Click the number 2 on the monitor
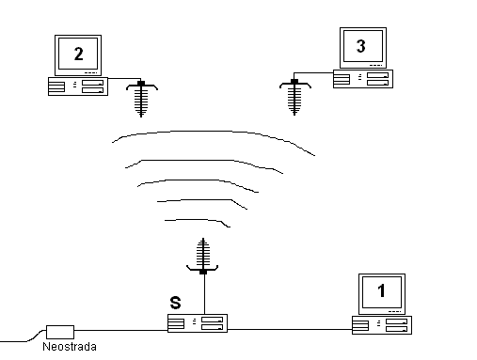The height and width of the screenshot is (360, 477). click(79, 54)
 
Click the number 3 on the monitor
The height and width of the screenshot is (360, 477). click(361, 46)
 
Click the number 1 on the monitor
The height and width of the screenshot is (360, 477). click(381, 290)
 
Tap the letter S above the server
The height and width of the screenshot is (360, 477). click(175, 303)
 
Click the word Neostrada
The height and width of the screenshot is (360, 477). click(70, 347)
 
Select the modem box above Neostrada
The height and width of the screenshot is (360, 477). click(60, 332)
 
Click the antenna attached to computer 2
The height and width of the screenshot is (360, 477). click(141, 99)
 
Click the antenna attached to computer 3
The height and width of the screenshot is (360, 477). click(294, 97)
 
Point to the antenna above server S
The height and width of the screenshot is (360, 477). click(203, 256)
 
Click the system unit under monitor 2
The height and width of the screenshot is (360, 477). click(78, 86)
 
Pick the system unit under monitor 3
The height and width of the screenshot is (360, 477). click(363, 79)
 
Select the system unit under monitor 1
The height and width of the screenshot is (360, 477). click(382, 325)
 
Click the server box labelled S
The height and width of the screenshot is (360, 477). click(198, 323)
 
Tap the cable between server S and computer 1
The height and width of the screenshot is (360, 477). click(290, 329)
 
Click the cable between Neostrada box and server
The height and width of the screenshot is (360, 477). click(121, 330)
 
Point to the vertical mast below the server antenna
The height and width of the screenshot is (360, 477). click(204, 294)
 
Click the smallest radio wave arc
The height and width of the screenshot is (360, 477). click(198, 220)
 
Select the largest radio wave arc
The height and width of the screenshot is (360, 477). click(214, 131)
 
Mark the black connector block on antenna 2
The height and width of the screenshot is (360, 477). click(141, 84)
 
